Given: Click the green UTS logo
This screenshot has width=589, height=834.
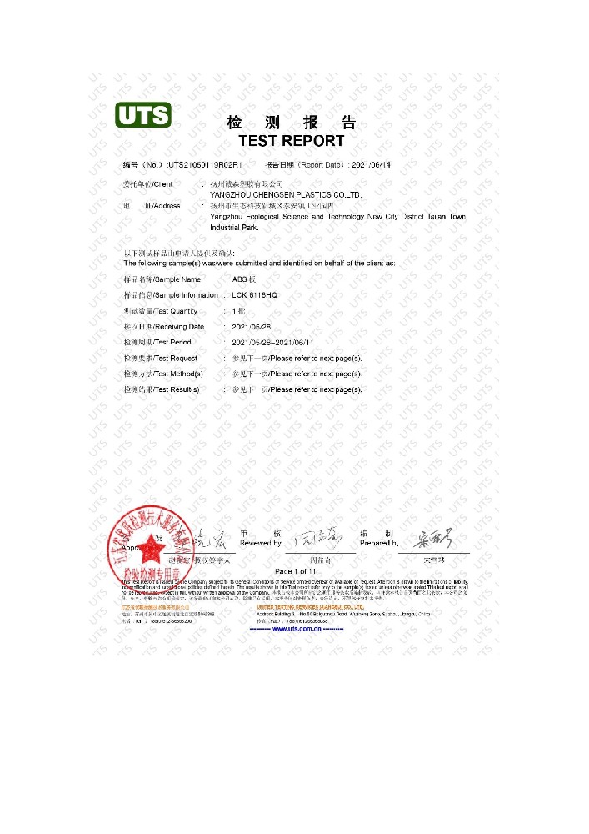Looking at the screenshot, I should click(142, 114).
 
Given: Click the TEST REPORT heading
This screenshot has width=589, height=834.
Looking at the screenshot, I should click(291, 141).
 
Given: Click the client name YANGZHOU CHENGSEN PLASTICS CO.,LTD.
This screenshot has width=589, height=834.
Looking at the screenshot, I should click(286, 194).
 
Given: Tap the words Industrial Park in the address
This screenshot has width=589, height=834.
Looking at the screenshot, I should click(234, 228).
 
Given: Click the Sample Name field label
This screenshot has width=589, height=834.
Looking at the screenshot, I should click(162, 279).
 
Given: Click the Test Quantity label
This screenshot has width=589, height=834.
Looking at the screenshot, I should click(161, 311).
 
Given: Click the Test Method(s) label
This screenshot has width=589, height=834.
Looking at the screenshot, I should click(163, 374).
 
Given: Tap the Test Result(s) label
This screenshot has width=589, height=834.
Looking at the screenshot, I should click(162, 389).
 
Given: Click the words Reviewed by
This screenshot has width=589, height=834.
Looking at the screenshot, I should click(261, 543).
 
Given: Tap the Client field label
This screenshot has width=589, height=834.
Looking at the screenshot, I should click(150, 183).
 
